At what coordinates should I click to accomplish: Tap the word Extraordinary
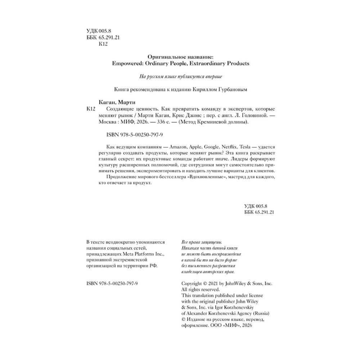click(x=201, y=63)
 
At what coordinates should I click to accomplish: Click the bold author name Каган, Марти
click(x=117, y=102)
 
